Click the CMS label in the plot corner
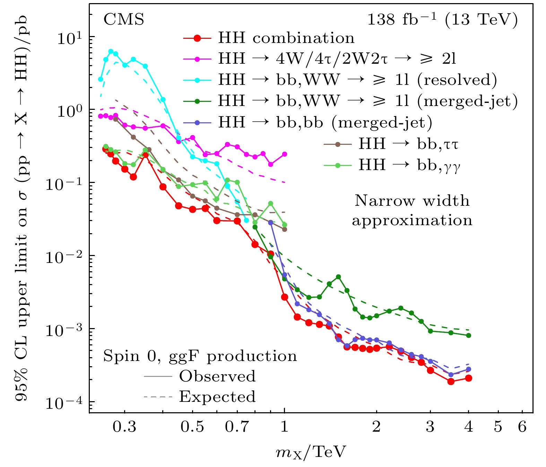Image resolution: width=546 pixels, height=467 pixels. [124, 20]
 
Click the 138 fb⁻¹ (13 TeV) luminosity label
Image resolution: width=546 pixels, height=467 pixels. [442, 20]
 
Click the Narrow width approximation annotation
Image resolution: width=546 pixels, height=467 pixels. [412, 210]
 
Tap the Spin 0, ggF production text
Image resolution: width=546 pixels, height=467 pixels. [200, 356]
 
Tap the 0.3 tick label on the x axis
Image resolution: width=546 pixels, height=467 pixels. [124, 426]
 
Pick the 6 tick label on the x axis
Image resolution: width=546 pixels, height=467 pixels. [522, 426]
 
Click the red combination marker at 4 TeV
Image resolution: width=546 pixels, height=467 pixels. [468, 378]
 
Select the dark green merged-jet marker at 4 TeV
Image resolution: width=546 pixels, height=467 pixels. [468, 335]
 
